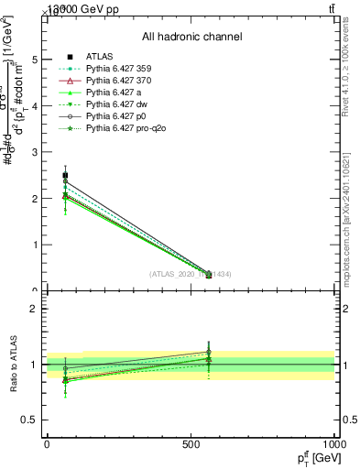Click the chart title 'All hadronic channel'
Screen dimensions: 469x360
point(191,37)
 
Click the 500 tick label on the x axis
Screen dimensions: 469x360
point(191,445)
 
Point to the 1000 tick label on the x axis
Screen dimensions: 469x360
point(333,445)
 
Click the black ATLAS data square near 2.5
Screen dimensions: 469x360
point(65,175)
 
